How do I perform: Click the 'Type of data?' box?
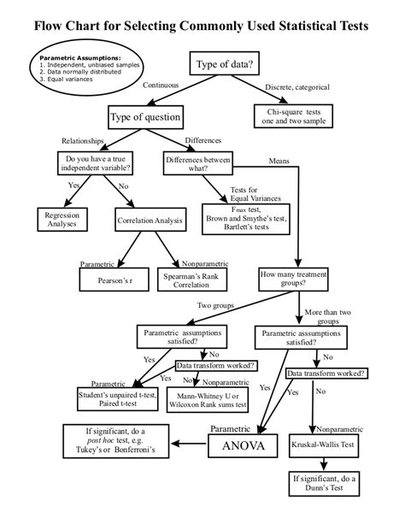tap(225, 65)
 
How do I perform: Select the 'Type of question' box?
tap(144, 116)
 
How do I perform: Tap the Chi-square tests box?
tap(300, 115)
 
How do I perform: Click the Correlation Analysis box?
tap(150, 221)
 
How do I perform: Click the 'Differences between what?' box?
tap(198, 163)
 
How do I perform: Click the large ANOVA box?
tap(244, 446)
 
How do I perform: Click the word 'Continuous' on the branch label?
tap(160, 85)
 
